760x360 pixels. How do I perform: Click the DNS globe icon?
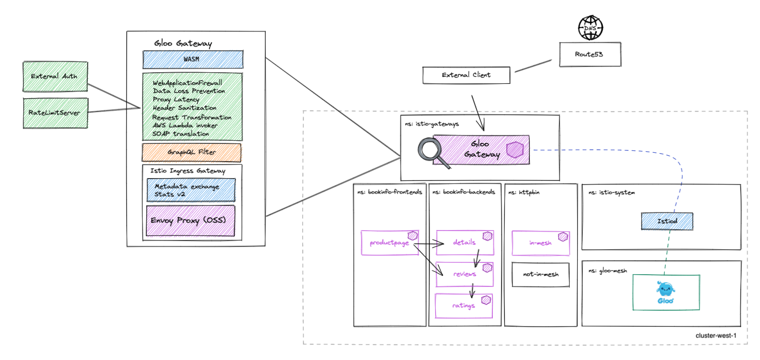590,28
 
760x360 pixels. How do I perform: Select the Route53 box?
590,54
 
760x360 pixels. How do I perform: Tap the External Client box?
466,75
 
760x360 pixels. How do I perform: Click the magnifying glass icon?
433,152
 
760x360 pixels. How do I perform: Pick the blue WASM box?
193,60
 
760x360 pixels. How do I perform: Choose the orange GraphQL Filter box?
192,152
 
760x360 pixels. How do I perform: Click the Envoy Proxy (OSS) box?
190,220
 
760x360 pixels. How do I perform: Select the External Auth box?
55,76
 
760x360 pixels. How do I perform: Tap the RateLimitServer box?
55,113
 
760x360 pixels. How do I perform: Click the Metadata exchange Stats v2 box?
191,190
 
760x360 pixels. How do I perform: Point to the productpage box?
390,243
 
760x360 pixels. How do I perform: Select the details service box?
465,243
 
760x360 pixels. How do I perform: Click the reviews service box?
465,274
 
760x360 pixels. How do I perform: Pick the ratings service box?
464,306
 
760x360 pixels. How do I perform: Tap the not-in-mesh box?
541,275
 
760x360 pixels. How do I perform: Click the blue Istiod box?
667,221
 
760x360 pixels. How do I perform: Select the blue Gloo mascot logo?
665,292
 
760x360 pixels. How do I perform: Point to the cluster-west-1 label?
716,336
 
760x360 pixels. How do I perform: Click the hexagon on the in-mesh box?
563,237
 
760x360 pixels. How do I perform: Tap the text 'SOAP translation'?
181,134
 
